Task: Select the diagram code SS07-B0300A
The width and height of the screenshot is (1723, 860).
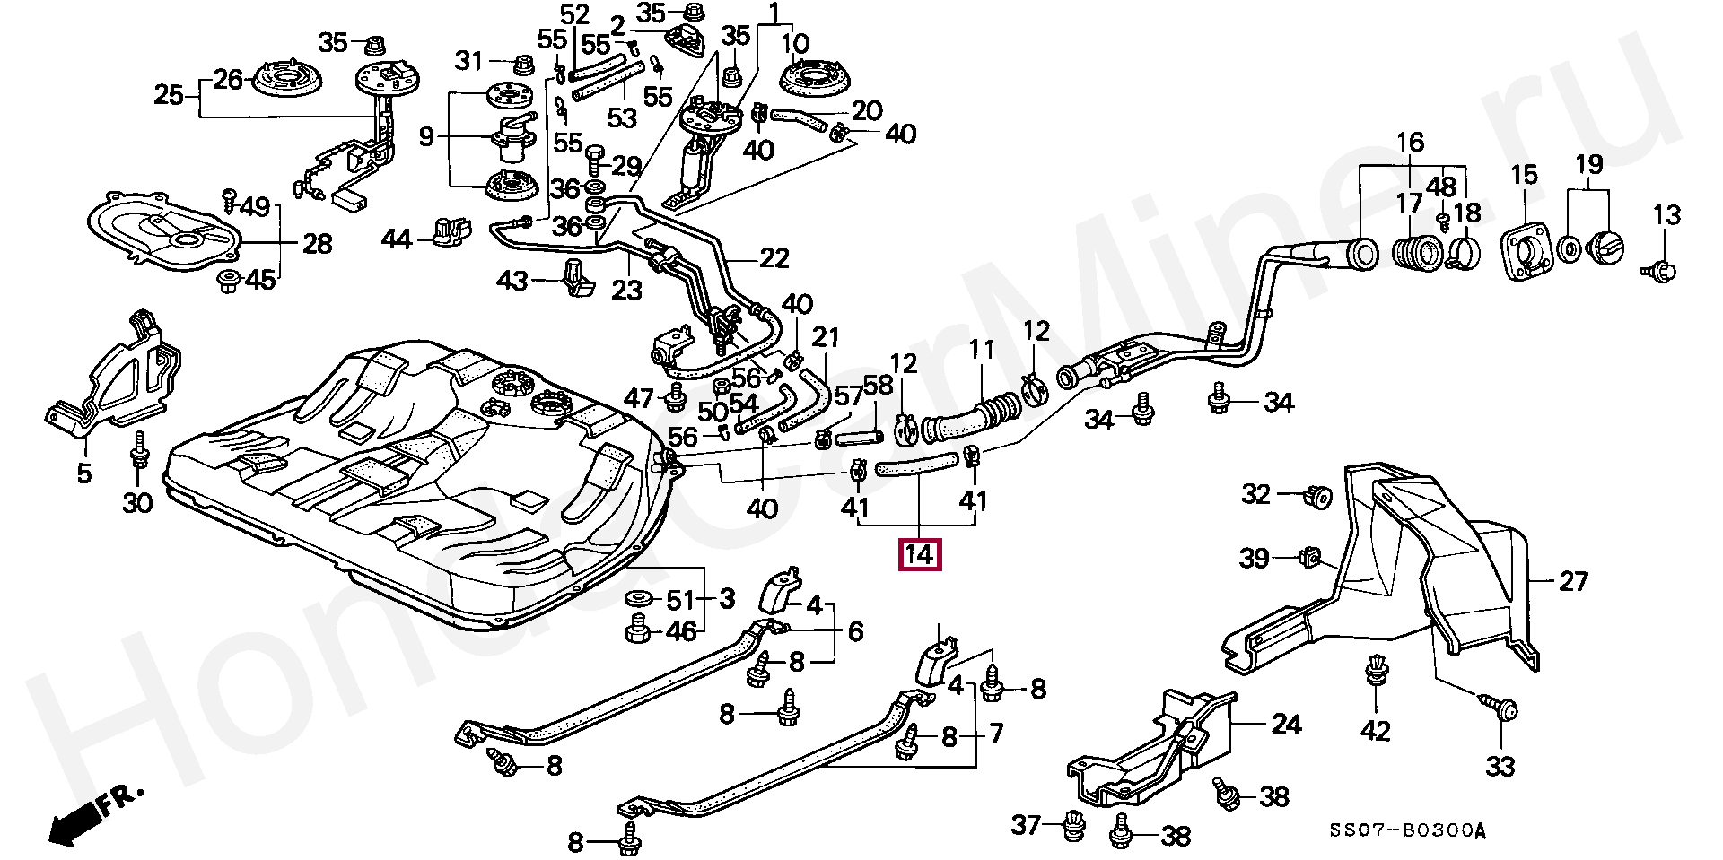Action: [x=1406, y=832]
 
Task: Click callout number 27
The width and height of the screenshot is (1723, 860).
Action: [x=1573, y=581]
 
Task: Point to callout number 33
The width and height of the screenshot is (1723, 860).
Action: [x=1500, y=766]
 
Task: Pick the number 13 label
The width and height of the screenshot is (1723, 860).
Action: [x=1666, y=215]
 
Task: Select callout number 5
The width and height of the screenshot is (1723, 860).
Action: [x=83, y=473]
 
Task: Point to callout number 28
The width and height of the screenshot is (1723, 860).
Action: [x=317, y=243]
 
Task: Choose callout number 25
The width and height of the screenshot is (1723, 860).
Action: [x=169, y=94]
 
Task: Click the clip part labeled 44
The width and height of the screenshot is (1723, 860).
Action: [x=446, y=232]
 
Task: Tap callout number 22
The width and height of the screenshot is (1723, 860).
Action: [x=774, y=258]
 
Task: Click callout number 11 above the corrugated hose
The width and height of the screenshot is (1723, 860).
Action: [x=981, y=350]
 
